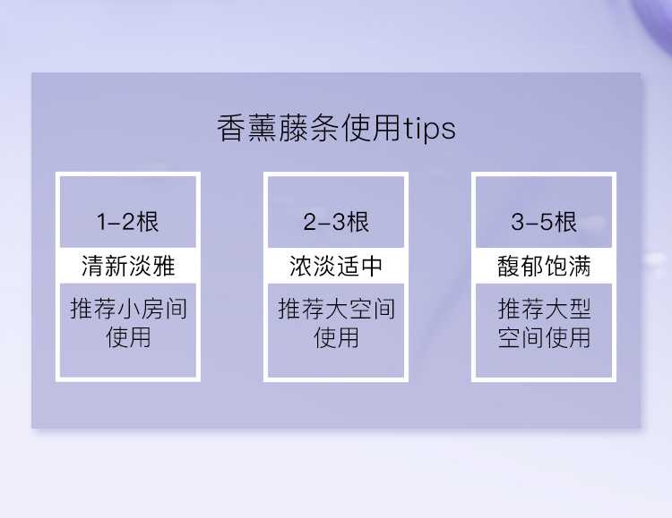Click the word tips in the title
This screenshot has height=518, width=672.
pyautogui.click(x=429, y=129)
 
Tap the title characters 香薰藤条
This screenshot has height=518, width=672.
pyautogui.click(x=279, y=128)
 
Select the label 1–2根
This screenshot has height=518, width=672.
pyautogui.click(x=128, y=222)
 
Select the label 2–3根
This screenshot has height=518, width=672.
pyautogui.click(x=336, y=222)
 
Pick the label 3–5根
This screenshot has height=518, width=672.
pyautogui.click(x=544, y=222)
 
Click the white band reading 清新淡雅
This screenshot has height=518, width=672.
pyautogui.click(x=128, y=266)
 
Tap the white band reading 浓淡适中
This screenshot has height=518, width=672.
pyautogui.click(x=336, y=266)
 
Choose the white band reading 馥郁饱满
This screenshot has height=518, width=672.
pyautogui.click(x=544, y=266)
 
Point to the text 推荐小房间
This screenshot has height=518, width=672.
pyautogui.click(x=128, y=309)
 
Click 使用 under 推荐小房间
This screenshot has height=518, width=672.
pyautogui.click(x=128, y=337)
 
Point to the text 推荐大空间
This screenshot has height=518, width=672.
pyautogui.click(x=336, y=309)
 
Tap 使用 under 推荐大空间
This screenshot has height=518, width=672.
pyautogui.click(x=336, y=337)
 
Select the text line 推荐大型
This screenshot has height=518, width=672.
pyautogui.click(x=544, y=309)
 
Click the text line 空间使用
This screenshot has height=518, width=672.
pyautogui.click(x=544, y=337)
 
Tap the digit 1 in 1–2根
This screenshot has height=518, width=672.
pyautogui.click(x=101, y=222)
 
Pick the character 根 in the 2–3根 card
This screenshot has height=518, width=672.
pyautogui.click(x=358, y=222)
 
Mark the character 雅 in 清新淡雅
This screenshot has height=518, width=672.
pyautogui.click(x=163, y=266)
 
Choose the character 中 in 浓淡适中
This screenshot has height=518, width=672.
pyautogui.click(x=372, y=266)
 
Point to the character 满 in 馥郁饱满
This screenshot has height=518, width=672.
pyautogui.click(x=580, y=266)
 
